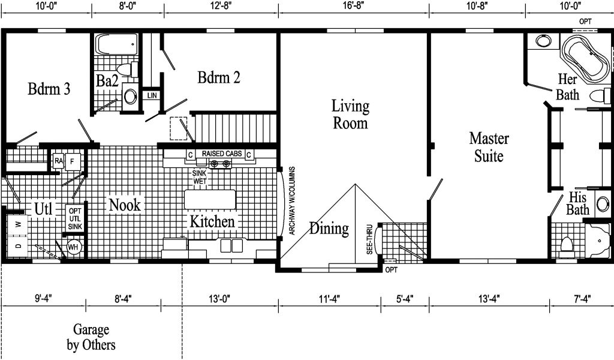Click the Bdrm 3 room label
click(49, 89)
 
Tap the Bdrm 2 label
click(218, 77)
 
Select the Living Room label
click(350, 115)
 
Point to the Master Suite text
click(489, 147)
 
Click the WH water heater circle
click(73, 247)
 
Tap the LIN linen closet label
click(152, 95)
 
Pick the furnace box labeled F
click(73, 161)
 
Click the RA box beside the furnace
click(59, 161)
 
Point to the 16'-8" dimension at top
click(353, 5)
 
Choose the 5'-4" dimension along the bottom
click(405, 299)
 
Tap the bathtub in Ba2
click(118, 44)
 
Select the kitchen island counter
click(210, 199)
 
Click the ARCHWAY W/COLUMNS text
click(292, 201)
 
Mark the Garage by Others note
click(91, 337)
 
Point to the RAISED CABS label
click(222, 154)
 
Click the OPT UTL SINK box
click(75, 218)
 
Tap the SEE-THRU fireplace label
click(369, 239)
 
